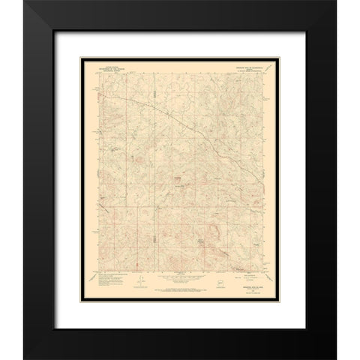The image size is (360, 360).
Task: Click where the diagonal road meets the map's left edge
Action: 96,88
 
